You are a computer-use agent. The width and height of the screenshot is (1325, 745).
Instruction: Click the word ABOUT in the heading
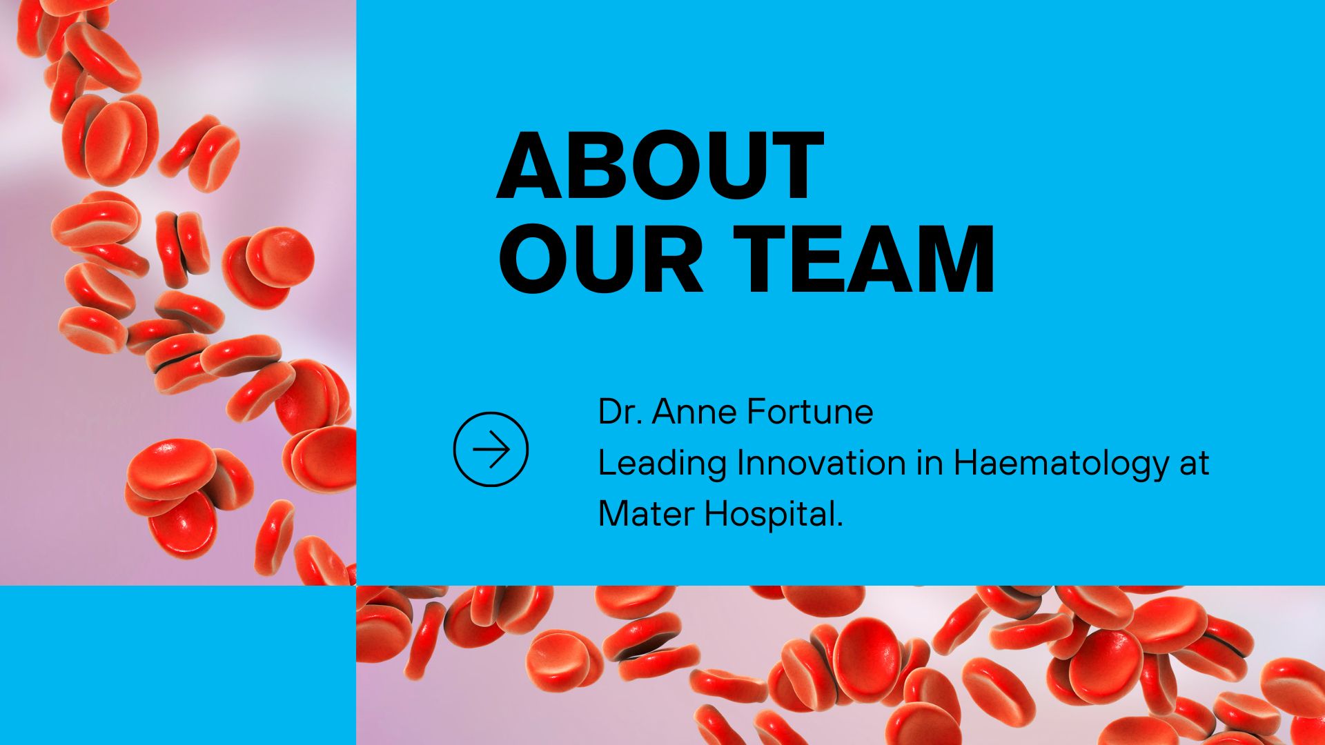coord(660,166)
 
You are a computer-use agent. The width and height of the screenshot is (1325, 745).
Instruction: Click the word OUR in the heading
coord(600,259)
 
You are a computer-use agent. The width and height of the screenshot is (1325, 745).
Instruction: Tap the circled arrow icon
coord(491,450)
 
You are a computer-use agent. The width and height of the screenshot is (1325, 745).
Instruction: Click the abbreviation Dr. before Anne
coord(618,412)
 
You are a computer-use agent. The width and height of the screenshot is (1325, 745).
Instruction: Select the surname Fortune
coord(810,412)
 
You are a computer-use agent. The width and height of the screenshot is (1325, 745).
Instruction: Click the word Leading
coord(662,464)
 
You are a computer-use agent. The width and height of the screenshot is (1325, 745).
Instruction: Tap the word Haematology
coord(1060,464)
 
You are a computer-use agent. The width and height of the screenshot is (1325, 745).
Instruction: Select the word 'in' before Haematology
coord(929,463)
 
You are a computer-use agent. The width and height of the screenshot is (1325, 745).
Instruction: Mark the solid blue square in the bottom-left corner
coord(177,665)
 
